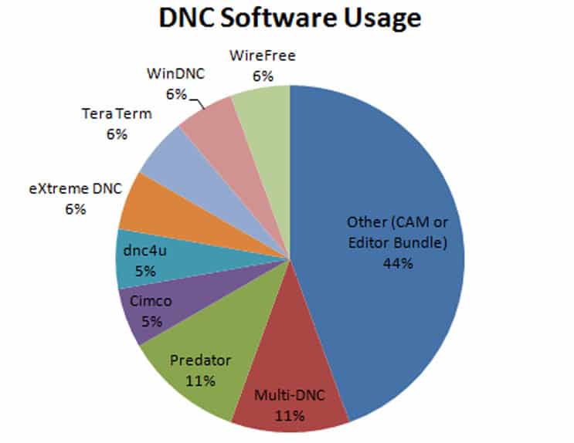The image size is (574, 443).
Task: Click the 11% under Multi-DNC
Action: [x=290, y=416]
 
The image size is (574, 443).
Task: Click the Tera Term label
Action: [x=117, y=115]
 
